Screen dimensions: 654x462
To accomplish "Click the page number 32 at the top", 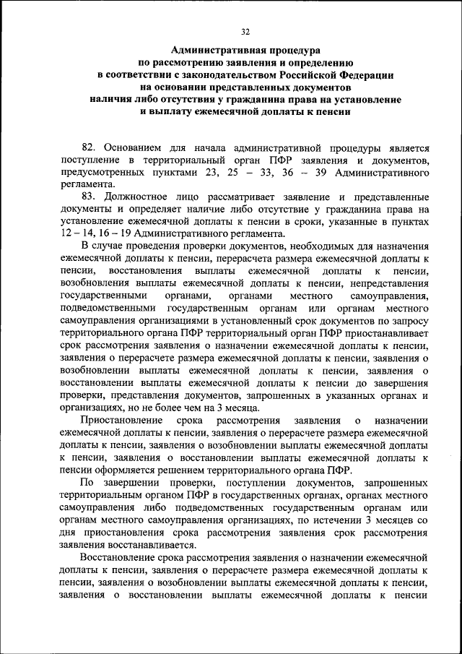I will (x=245, y=32).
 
